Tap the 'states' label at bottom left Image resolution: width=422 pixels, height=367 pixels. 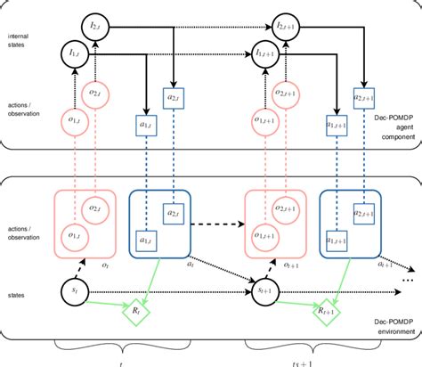(17, 290)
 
